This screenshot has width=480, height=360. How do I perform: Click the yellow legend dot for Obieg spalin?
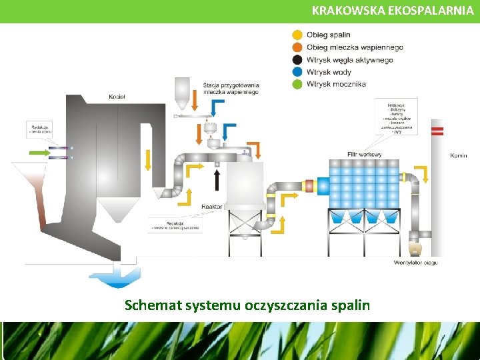click(297, 35)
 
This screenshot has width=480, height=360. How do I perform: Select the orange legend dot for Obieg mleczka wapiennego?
click(297, 47)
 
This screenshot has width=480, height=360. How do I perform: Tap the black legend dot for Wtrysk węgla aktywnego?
click(297, 60)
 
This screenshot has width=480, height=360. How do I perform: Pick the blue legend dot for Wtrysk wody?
click(297, 72)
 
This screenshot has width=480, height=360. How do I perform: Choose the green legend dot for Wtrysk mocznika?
click(297, 84)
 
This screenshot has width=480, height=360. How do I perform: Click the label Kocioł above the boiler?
click(117, 97)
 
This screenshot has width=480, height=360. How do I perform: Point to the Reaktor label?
click(211, 207)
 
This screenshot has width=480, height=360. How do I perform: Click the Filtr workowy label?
click(365, 155)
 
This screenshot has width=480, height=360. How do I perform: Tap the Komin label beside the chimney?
click(458, 155)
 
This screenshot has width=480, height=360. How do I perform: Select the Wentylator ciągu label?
click(415, 263)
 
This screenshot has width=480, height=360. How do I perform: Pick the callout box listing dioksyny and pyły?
click(396, 117)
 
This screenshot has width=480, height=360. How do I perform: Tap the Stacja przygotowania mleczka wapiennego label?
click(231, 88)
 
